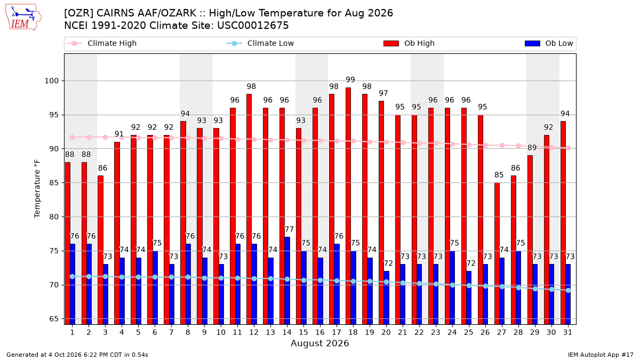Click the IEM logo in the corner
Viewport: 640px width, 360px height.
(x=23, y=18)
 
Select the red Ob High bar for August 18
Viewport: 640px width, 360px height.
(x=348, y=206)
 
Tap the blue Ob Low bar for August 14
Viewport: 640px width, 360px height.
(x=287, y=281)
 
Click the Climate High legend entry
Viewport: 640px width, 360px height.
(x=101, y=43)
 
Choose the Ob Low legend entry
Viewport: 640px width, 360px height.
(x=549, y=43)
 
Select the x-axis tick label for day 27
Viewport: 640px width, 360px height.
(x=501, y=332)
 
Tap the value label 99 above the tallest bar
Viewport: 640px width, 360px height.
(x=350, y=79)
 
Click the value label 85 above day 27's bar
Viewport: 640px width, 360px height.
(x=499, y=174)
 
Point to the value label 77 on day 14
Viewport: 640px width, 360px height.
(x=290, y=229)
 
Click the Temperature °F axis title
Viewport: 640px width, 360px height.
(x=37, y=189)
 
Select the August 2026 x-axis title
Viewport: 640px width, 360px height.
(x=319, y=343)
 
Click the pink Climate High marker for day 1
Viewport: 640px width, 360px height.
(x=73, y=138)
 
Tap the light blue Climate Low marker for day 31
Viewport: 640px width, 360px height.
(x=568, y=290)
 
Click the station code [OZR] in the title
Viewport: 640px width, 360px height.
(x=78, y=13)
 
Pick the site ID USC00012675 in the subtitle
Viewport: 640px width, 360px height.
(x=253, y=26)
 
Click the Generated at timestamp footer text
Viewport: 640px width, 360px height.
(x=77, y=355)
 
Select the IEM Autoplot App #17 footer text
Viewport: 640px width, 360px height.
(x=601, y=355)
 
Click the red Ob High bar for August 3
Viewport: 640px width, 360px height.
(x=100, y=250)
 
